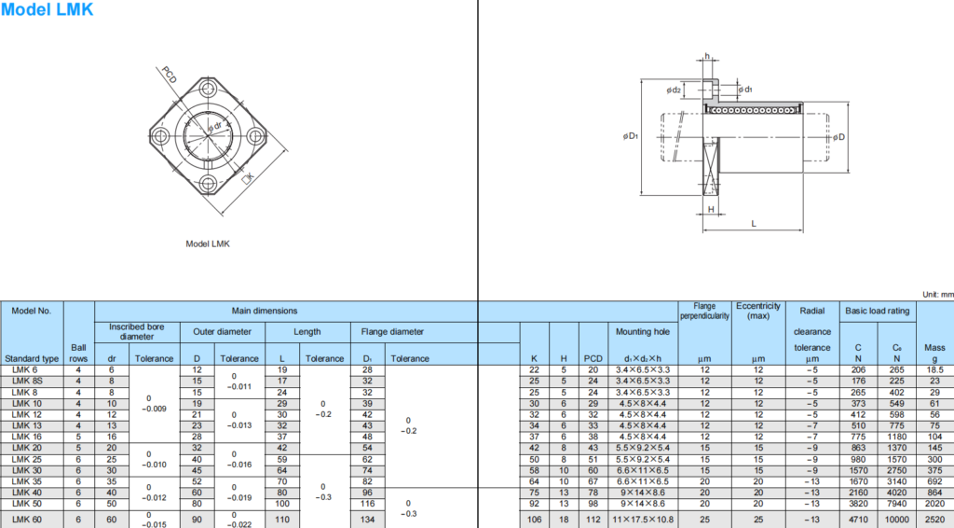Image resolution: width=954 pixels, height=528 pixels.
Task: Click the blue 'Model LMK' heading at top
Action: pyautogui.click(x=47, y=10)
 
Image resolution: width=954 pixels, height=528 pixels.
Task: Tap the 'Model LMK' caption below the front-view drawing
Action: pyautogui.click(x=208, y=244)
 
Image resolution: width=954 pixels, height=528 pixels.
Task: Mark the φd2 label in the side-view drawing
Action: pyautogui.click(x=674, y=90)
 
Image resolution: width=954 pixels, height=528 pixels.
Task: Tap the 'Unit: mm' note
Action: pyautogui.click(x=935, y=294)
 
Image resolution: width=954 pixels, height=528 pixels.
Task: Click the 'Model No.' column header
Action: pyautogui.click(x=33, y=311)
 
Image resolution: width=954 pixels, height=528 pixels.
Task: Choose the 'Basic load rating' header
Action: pyautogui.click(x=877, y=311)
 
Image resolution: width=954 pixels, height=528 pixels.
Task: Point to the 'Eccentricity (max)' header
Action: pyautogui.click(x=757, y=311)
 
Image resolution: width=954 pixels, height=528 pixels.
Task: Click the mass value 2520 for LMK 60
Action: pyautogui.click(x=934, y=519)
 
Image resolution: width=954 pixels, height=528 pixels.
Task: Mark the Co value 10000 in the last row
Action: pyautogui.click(x=896, y=519)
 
